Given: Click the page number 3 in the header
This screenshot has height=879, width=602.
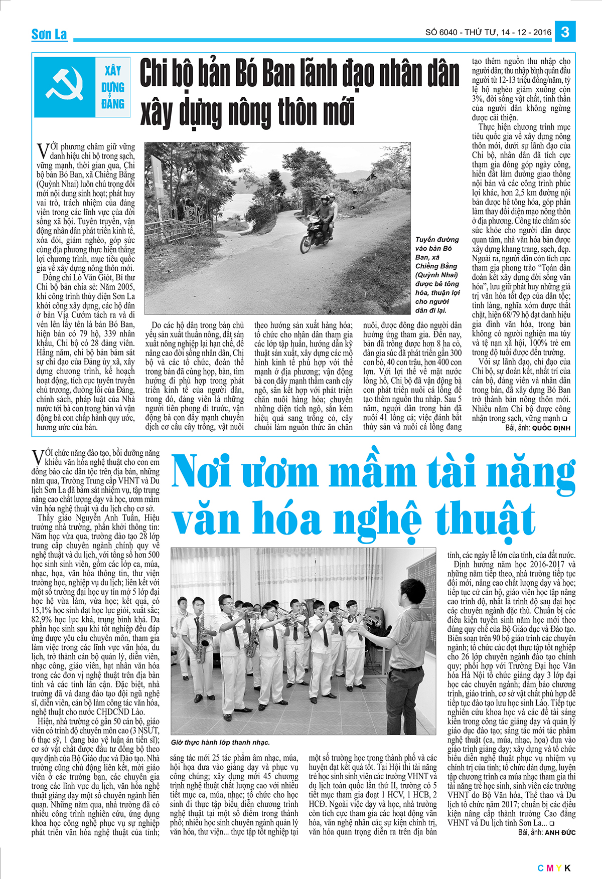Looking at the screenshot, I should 565,32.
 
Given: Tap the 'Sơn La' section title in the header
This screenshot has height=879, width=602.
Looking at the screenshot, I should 49,34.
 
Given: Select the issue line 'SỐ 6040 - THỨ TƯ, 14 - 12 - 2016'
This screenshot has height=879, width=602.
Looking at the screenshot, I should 488,33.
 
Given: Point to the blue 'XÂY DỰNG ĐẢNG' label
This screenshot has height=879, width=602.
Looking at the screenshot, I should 113,87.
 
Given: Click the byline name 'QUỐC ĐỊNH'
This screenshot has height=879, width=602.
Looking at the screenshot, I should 551,428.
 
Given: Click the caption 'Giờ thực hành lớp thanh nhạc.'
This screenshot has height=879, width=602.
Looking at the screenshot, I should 220,742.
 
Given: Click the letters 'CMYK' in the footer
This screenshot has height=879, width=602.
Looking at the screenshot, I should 554,868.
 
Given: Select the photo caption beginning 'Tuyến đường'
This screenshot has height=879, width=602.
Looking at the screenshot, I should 437,275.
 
